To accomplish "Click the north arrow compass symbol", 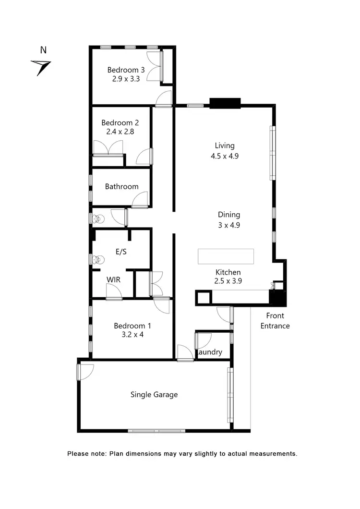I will tap(41, 67).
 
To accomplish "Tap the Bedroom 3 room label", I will tap(123, 70).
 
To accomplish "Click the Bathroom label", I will tap(121, 186).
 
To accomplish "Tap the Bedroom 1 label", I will tap(128, 326).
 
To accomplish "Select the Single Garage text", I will tap(154, 395).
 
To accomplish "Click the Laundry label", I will tap(210, 352).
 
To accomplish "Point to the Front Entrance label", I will tap(275, 321).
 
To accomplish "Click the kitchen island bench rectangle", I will tap(226, 256).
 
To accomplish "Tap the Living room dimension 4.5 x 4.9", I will tap(225, 156).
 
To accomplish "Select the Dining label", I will tap(228, 215).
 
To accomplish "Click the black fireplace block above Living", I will tap(225, 103).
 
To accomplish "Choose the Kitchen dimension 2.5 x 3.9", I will tap(228, 282).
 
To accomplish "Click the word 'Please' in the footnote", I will tap(77, 453).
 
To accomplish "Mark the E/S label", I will tap(121, 252).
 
